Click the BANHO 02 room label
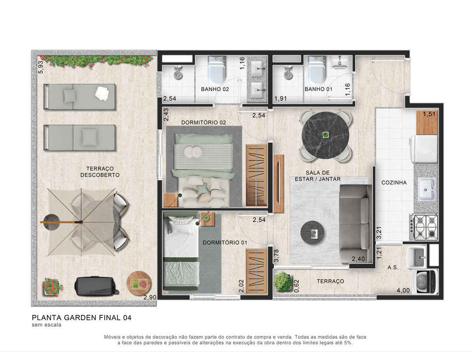point(215,89)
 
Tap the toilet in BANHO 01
point(316,70)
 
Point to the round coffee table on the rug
point(313,233)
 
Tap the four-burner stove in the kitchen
point(424,227)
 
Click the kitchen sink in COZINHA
point(426,190)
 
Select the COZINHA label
point(394,183)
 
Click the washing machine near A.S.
point(426,282)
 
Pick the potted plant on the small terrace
point(282,282)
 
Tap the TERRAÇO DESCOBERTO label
point(99,172)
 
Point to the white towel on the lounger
point(102,93)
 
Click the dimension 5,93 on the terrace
point(40,67)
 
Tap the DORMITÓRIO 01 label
point(225,243)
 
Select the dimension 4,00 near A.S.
point(403,291)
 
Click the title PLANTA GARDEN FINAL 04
point(81,318)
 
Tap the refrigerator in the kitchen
point(424,149)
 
